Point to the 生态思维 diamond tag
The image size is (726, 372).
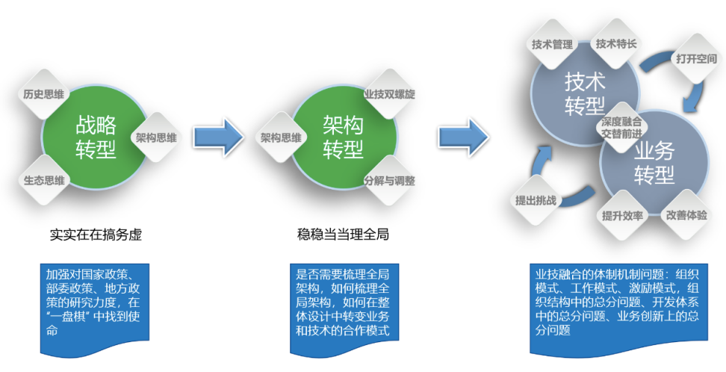(43, 180)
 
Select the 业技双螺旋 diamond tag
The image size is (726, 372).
(389, 95)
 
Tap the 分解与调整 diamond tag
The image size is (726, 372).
(389, 180)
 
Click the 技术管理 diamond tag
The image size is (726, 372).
(552, 43)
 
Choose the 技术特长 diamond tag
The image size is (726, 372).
(616, 43)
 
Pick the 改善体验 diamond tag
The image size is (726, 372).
(686, 214)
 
